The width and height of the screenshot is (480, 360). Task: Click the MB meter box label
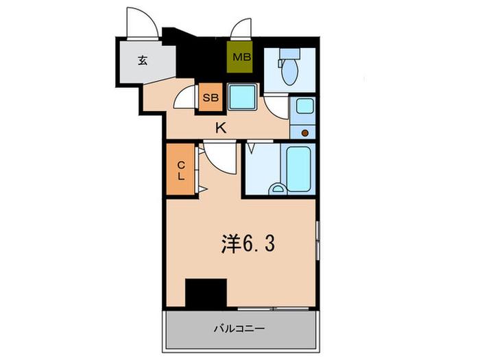(242, 57)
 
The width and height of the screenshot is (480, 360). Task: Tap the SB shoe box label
(211, 97)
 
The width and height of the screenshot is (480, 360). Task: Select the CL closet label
(181, 171)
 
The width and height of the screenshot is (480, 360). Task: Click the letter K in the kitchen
(221, 128)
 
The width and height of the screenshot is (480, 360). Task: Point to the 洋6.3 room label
(248, 244)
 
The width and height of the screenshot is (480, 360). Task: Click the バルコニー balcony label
(239, 328)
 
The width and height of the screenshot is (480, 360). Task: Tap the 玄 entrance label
(143, 60)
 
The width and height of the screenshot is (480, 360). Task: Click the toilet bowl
(289, 72)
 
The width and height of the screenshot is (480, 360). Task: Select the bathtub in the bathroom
(298, 169)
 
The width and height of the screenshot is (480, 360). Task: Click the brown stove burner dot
(305, 133)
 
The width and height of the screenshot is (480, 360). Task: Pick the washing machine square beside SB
(242, 97)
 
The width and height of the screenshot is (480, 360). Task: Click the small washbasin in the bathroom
(278, 189)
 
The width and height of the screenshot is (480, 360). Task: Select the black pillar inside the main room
(206, 293)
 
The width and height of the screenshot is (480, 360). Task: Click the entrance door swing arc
(151, 16)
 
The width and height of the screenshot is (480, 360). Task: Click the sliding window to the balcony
(273, 309)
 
